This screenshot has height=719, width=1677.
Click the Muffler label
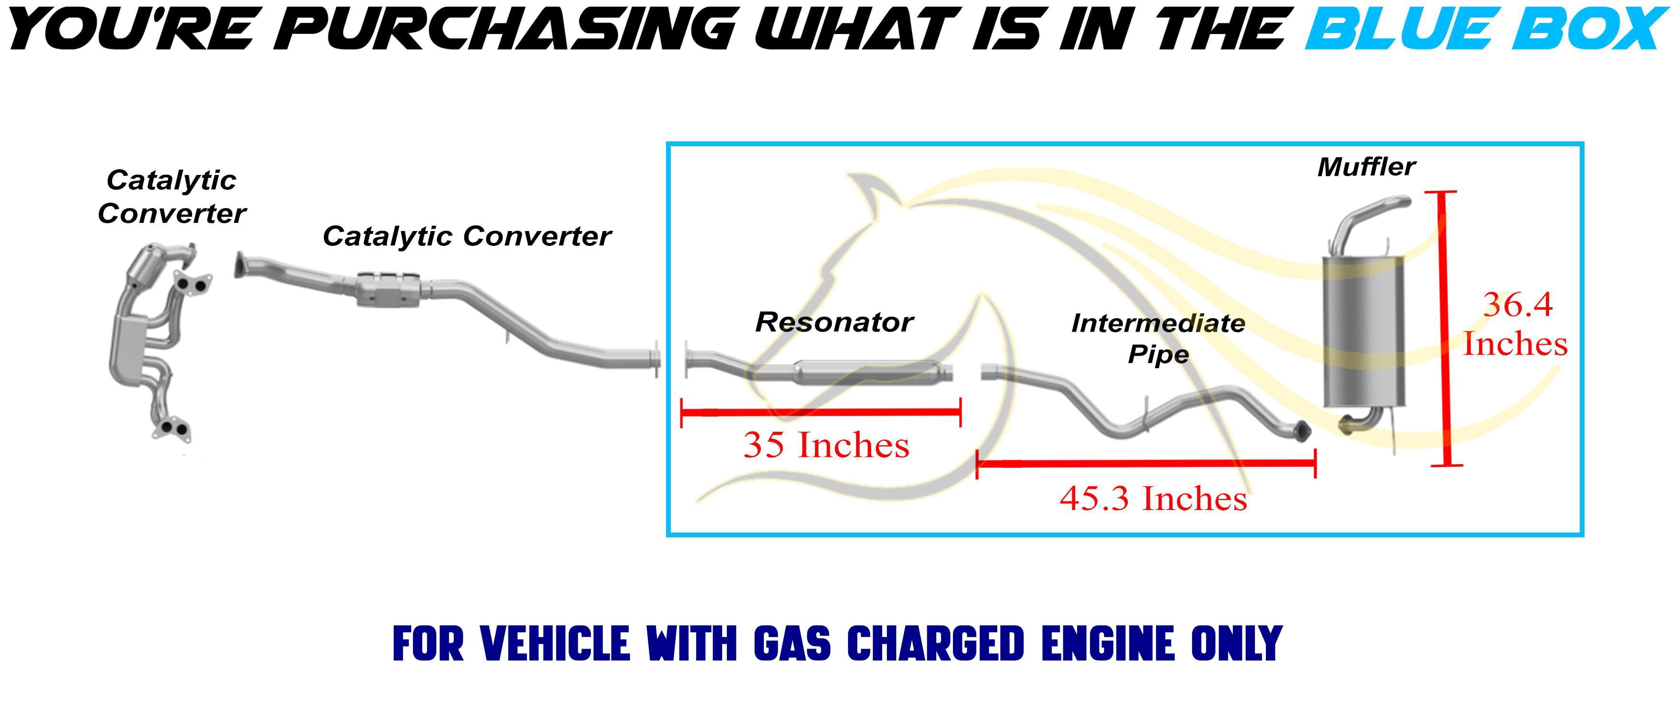pyautogui.click(x=1366, y=167)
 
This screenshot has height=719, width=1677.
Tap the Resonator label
pyautogui.click(x=834, y=323)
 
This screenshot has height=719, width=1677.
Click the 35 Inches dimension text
pyautogui.click(x=826, y=445)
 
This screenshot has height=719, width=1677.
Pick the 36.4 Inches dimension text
pyautogui.click(x=1516, y=325)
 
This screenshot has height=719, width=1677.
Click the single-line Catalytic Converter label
pyautogui.click(x=467, y=236)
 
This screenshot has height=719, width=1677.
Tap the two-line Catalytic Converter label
pyautogui.click(x=172, y=197)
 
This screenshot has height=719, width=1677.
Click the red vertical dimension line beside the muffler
pyautogui.click(x=1447, y=329)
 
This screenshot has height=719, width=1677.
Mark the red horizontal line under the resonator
pyautogui.click(x=821, y=412)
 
